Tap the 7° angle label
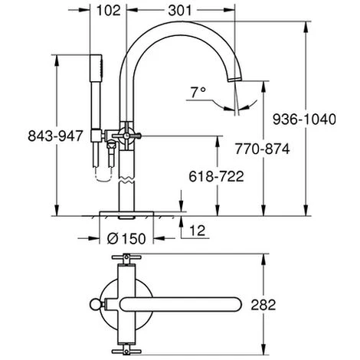[198, 91]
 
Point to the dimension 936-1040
[315, 117]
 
